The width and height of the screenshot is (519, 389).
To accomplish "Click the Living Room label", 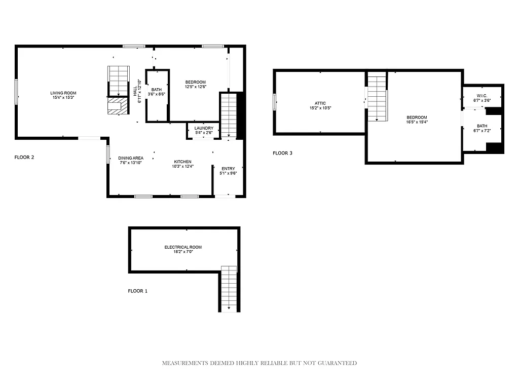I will click(63, 93).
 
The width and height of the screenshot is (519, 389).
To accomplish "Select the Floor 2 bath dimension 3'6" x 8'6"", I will click(157, 94).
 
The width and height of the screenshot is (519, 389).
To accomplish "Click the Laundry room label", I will click(204, 128).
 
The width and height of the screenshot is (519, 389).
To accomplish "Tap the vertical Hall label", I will click(135, 90).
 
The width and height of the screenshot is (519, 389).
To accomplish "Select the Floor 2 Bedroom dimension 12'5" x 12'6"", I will click(195, 87).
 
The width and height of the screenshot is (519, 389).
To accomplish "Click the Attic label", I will click(320, 103).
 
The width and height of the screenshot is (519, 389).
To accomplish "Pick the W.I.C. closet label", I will click(482, 96).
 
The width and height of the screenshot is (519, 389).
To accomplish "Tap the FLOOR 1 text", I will click(137, 291).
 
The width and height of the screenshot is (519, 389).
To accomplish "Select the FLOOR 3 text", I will click(282, 153).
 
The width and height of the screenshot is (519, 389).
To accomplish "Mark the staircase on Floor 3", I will click(377, 98).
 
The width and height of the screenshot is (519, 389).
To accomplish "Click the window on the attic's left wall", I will click(275, 102).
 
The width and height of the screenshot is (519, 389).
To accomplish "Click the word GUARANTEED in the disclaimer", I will click(336, 363).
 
